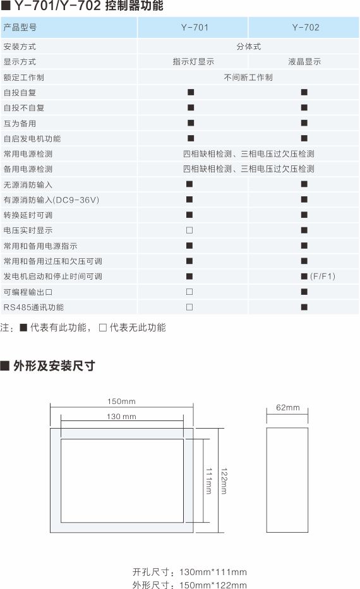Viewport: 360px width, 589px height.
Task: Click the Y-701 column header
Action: coord(195,27)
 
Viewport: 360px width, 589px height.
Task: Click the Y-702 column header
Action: coord(306,27)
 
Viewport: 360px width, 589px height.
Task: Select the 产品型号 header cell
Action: coord(20,27)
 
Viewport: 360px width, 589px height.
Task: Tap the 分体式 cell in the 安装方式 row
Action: coord(248,47)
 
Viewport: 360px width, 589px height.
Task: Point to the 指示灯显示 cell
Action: coord(193,62)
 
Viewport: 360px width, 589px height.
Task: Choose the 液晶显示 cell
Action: coord(304,62)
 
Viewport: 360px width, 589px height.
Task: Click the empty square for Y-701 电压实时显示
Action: coord(189,230)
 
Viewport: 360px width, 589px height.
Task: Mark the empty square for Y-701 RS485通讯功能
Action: coord(189,307)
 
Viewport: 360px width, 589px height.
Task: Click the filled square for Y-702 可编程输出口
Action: coord(304,292)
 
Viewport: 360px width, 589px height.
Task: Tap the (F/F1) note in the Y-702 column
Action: coord(323,277)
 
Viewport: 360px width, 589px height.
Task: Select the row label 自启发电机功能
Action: coord(32,139)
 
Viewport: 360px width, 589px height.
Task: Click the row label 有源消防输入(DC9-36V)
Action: coord(52,200)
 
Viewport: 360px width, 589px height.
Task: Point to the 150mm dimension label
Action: coord(121,401)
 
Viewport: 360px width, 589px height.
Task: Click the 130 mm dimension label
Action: coord(121,416)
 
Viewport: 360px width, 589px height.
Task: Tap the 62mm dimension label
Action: coord(288,408)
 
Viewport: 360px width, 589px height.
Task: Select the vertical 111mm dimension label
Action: coord(208,481)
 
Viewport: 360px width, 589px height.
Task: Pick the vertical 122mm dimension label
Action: coord(224,481)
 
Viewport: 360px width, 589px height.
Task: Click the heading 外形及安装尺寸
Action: coord(54,366)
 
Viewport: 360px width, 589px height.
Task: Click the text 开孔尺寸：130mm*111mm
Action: coord(189,572)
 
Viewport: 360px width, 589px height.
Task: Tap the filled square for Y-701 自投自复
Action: coord(191,92)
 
